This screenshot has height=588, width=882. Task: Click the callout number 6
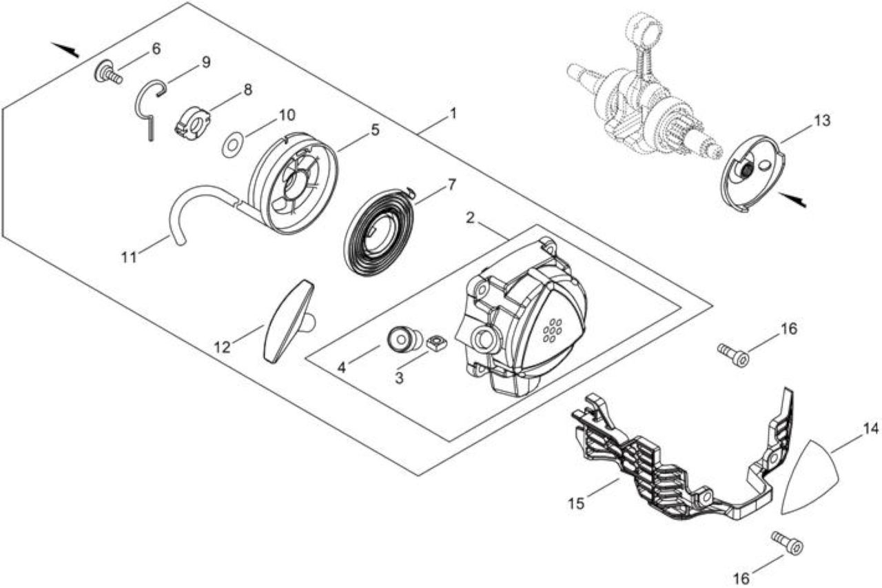point(156,49)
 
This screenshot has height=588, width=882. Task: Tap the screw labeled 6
point(108,73)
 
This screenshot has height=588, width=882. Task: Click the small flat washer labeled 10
point(233,145)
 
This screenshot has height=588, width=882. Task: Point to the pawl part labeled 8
point(192,123)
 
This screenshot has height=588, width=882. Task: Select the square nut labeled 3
point(435,342)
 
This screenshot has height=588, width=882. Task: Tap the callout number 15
point(576,503)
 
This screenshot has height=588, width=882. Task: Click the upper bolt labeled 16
point(732,354)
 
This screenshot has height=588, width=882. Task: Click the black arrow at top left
point(65,50)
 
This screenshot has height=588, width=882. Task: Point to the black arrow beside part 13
point(792,200)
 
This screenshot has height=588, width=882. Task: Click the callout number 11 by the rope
point(128,257)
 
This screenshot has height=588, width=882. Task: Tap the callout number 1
point(453,114)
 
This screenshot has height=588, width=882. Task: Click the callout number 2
point(470,218)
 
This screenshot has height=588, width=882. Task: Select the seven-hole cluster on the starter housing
point(552,330)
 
